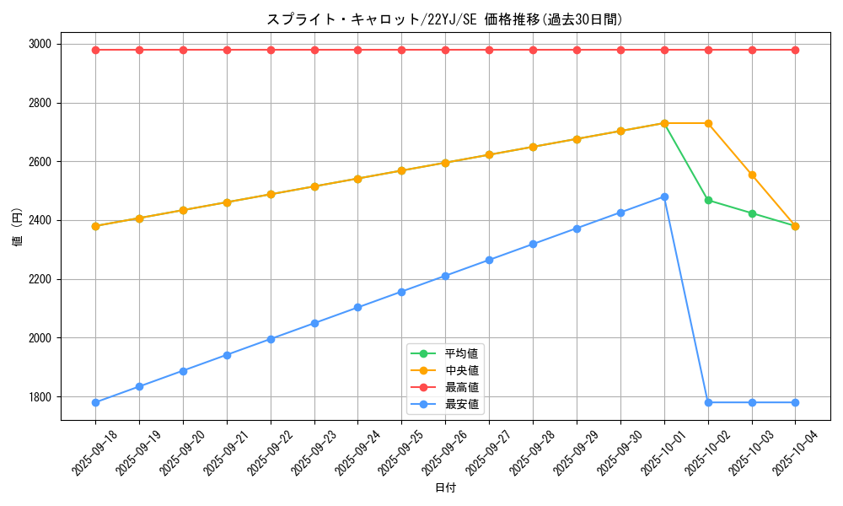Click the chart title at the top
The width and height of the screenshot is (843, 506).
[444, 19]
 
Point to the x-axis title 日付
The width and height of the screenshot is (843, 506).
[445, 488]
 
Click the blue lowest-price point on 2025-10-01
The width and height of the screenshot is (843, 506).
[664, 196]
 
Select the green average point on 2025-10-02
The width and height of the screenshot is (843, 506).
[708, 200]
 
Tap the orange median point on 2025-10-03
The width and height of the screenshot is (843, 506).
[752, 175]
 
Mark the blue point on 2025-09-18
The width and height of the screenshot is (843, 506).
[95, 402]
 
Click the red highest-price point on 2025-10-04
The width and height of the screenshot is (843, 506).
[795, 50]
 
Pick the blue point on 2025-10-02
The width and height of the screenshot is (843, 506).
[708, 402]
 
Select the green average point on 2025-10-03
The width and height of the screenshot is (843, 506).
[752, 213]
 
